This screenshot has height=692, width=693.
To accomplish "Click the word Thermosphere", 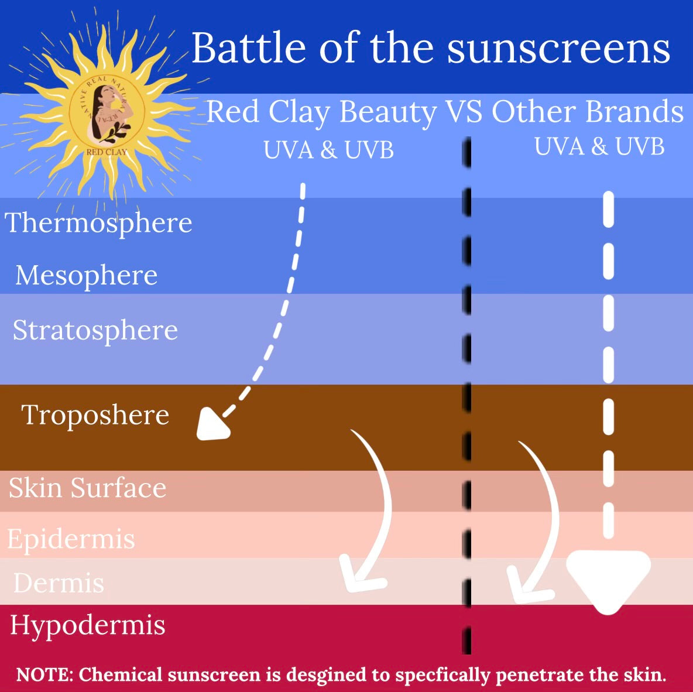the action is [x=98, y=223].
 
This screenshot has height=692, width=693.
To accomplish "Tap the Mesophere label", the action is [x=87, y=276].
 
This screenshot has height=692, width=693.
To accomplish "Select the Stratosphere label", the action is [x=95, y=331].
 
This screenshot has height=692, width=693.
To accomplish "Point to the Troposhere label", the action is [x=95, y=416].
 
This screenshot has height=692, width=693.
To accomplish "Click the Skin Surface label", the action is [x=88, y=488].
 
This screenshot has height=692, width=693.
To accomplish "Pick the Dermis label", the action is [x=59, y=583].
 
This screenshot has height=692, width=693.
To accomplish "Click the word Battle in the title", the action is [x=249, y=48].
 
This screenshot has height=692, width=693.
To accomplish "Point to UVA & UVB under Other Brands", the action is [x=599, y=146].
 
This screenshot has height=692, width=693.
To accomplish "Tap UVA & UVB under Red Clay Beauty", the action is [x=328, y=150].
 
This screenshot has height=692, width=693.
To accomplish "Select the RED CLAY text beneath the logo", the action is [x=107, y=152].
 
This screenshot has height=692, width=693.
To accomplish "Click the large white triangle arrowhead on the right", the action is [x=609, y=580].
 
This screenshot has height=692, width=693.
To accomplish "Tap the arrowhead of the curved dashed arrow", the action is [x=213, y=424].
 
